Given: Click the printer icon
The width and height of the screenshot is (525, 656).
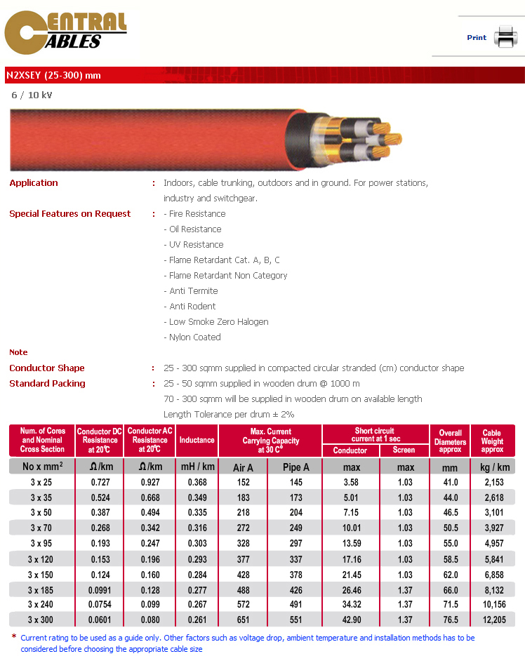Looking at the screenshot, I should pos(505,36).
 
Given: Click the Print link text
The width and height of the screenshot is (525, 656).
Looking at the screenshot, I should pos(477,38).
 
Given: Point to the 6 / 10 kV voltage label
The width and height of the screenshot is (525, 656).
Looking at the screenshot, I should pos(32,95).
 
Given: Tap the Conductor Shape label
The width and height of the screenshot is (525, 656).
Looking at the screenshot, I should pos(47,368).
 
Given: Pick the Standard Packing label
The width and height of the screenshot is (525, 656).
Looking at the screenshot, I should pos(47,384).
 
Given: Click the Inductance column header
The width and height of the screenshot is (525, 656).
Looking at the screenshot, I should pos(197,441).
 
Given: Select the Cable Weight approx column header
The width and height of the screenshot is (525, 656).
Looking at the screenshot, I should pos(492,441).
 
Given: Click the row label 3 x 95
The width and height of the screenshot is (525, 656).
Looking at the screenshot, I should pos(42,543).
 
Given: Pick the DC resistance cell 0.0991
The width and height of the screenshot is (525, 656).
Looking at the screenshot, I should pos(99,589).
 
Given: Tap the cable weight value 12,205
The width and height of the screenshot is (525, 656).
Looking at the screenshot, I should pos(492,620).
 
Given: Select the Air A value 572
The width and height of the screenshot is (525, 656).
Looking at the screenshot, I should pos(243,605).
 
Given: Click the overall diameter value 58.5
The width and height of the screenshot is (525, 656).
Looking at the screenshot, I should pos(450,558).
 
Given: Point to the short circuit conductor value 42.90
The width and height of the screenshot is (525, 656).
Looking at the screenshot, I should pos(350,620).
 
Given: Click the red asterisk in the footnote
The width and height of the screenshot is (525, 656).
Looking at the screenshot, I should pos(14,637).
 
